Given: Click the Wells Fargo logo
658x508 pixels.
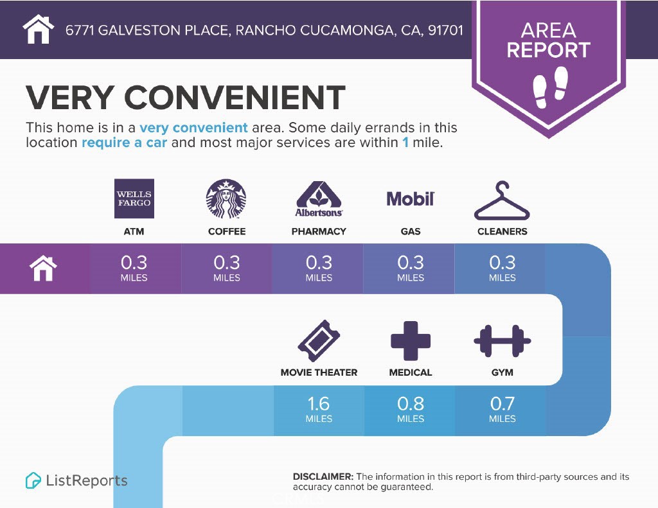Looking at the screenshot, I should (134, 198).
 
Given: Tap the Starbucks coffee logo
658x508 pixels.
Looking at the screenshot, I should (226, 199).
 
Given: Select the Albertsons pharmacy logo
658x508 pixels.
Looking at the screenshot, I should (319, 200).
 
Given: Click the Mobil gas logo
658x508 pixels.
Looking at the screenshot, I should (411, 198).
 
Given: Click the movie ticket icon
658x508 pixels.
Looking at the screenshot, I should (319, 340).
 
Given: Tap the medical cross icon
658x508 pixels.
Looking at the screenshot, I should (411, 340).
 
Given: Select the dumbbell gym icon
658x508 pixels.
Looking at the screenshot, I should (502, 340).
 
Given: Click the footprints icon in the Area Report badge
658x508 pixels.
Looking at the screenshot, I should (551, 86).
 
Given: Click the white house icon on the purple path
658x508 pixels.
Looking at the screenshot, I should (43, 268).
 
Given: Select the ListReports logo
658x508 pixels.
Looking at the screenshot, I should (76, 480).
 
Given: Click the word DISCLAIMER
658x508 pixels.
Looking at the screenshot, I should (323, 477).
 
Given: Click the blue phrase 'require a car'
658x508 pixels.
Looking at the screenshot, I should (124, 142).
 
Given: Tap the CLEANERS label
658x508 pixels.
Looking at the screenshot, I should (502, 231).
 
